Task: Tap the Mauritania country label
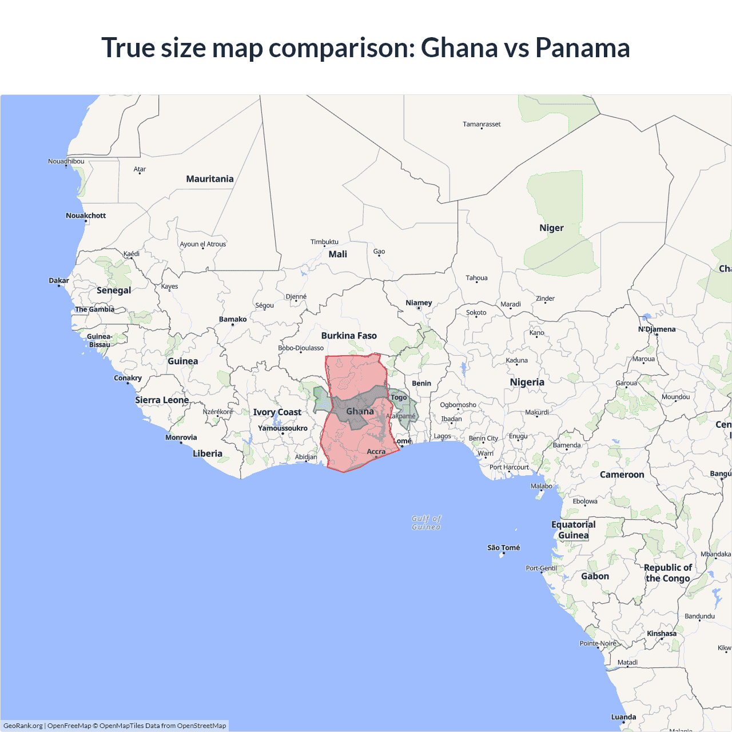pyautogui.click(x=210, y=179)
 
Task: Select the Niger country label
pyautogui.click(x=551, y=228)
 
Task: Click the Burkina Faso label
pyautogui.click(x=349, y=336)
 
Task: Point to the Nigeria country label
pyautogui.click(x=527, y=382)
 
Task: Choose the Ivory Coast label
pyautogui.click(x=277, y=412)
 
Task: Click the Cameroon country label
pyautogui.click(x=622, y=475)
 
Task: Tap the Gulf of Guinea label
pyautogui.click(x=427, y=523)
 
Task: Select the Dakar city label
pyautogui.click(x=59, y=280)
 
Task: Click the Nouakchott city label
pyautogui.click(x=86, y=216)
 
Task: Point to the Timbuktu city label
pyautogui.click(x=324, y=242)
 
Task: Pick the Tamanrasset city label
pyautogui.click(x=482, y=124)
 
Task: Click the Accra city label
pyautogui.click(x=376, y=452)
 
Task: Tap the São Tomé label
pyautogui.click(x=503, y=548)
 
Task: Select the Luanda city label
pyautogui.click(x=623, y=717)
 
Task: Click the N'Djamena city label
pyautogui.click(x=657, y=329)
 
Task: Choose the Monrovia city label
pyautogui.click(x=181, y=437)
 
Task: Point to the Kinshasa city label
pyautogui.click(x=662, y=634)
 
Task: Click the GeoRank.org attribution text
pyautogui.click(x=23, y=726)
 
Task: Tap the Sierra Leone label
pyautogui.click(x=162, y=400)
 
